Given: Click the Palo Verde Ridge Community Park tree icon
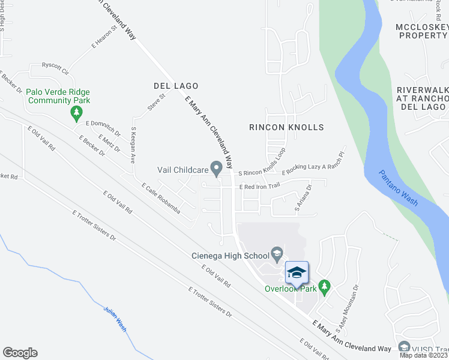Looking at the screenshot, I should [76, 112].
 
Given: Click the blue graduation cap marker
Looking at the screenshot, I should [295, 273].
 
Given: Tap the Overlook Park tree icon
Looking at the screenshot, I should [325, 286].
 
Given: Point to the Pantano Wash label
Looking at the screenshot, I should [398, 188].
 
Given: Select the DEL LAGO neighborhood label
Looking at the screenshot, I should [175, 86].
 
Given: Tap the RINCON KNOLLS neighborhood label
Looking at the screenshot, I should [286, 127].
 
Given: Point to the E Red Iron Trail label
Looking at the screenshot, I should [260, 187].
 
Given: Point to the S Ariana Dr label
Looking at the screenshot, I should [303, 199].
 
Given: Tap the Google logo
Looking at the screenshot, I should [20, 353].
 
